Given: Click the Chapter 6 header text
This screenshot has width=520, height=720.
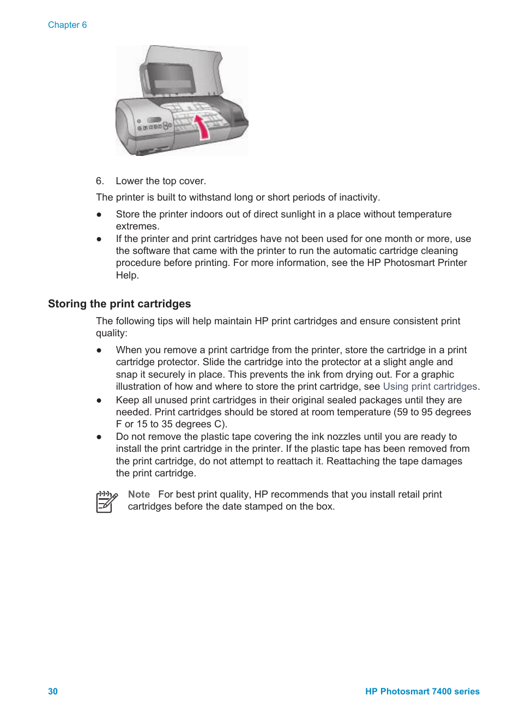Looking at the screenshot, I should (67, 25).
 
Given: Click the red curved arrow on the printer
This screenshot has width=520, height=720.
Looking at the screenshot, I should (202, 127).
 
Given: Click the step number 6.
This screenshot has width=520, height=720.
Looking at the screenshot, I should (99, 181).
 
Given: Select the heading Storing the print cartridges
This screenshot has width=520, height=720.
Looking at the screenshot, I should (119, 304).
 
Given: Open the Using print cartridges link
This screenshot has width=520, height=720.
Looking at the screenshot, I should (430, 386).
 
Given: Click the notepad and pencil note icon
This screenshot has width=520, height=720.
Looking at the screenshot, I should (106, 501).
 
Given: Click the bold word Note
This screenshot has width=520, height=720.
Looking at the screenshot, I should (138, 494).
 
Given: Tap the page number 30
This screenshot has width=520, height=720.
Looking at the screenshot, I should (53, 691).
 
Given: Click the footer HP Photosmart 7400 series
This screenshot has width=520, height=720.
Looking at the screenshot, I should (422, 691).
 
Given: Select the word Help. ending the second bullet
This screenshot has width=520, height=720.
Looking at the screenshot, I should (127, 275).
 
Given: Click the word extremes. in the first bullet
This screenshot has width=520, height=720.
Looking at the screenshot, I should (137, 226).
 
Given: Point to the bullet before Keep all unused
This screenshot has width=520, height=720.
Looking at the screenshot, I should (99, 400).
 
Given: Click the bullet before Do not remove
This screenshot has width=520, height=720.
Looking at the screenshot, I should (99, 437).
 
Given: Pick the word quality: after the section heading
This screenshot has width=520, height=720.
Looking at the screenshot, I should (112, 333).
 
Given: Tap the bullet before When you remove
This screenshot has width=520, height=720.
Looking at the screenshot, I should (99, 350).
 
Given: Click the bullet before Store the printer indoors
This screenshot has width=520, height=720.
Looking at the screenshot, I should (99, 214).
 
